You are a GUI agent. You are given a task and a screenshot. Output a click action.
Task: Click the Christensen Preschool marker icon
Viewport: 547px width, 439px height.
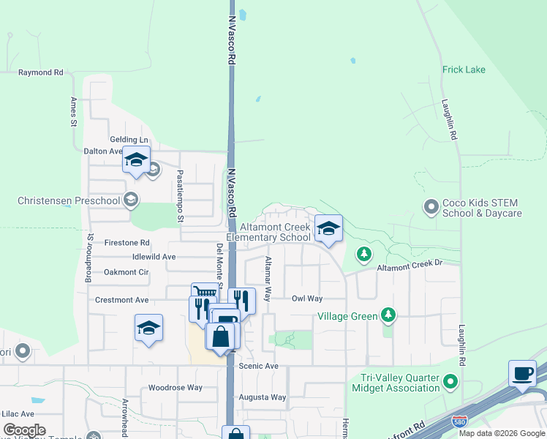(130, 200)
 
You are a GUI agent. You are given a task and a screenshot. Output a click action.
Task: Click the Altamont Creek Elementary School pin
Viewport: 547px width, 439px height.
(328, 228)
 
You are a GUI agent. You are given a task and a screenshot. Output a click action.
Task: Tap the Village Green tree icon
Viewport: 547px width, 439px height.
(389, 316)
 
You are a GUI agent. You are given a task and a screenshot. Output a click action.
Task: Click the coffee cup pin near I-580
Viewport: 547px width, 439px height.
(522, 373)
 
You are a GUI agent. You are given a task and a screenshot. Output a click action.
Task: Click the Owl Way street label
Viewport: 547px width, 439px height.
(307, 299)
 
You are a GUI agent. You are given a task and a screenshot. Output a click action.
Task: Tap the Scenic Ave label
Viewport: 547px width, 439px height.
(259, 366)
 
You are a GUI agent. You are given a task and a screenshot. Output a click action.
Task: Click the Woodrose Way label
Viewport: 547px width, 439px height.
(176, 388)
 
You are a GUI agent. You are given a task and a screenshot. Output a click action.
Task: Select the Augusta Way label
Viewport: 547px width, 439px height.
(263, 397)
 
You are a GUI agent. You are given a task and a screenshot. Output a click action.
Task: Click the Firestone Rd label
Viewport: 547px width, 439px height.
(127, 242)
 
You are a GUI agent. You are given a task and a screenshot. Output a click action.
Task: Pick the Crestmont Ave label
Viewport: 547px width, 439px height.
(122, 300)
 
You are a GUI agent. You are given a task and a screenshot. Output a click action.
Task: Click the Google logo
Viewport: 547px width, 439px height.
(24, 430)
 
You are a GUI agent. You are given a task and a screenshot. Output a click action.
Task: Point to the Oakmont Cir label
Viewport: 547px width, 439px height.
(126, 271)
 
